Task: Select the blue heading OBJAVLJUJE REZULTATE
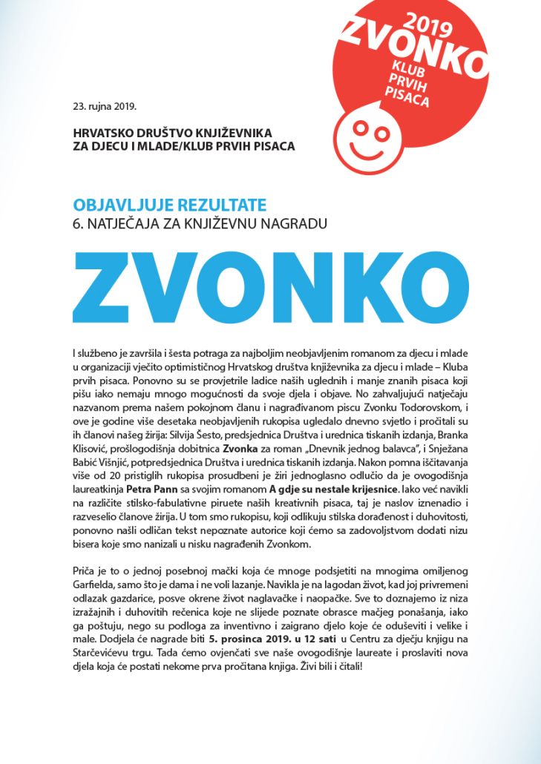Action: coord(169,205)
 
